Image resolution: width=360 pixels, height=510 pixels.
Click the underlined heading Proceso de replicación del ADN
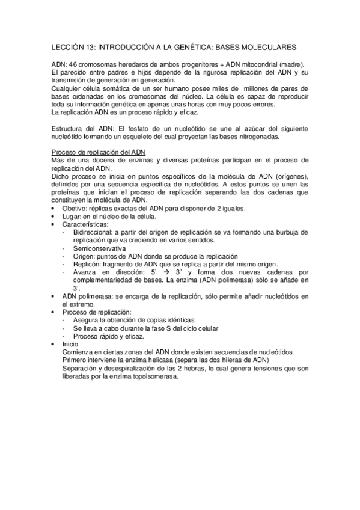pyautogui.click(x=97, y=152)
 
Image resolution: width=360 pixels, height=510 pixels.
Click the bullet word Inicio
pyautogui.click(x=70, y=343)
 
